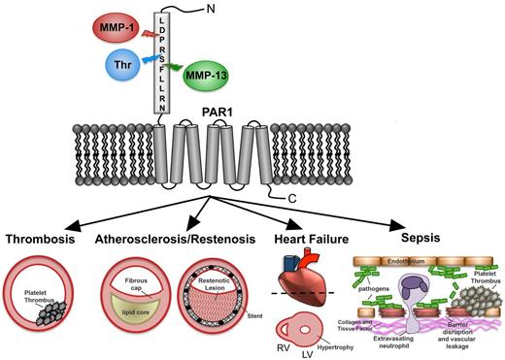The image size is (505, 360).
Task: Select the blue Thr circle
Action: pyautogui.click(x=118, y=67)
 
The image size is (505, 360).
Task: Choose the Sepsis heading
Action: pyautogui.click(x=415, y=234)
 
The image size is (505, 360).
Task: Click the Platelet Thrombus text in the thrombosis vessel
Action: pyautogui.click(x=40, y=296)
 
